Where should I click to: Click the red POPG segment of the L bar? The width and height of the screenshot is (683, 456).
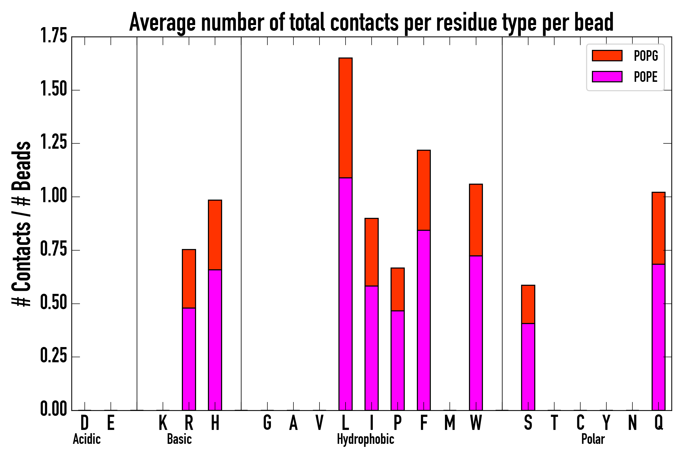(346, 118)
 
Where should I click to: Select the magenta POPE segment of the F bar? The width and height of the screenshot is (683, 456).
(424, 320)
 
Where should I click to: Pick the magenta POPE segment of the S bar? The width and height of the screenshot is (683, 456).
(528, 366)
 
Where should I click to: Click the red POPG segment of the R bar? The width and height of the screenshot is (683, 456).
(189, 279)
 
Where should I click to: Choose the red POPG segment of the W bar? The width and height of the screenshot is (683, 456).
(476, 220)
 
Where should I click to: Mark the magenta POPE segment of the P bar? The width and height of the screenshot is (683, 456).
(398, 360)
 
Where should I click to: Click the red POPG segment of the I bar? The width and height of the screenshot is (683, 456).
(371, 252)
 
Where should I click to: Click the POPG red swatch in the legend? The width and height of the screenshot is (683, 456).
(607, 55)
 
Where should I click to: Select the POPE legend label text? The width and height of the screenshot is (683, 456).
(646, 77)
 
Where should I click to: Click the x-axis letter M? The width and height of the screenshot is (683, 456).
(450, 423)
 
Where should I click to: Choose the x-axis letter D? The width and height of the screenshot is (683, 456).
(84, 423)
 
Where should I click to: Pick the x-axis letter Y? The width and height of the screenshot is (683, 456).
(606, 423)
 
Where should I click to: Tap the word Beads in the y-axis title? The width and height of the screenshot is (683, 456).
(22, 166)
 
